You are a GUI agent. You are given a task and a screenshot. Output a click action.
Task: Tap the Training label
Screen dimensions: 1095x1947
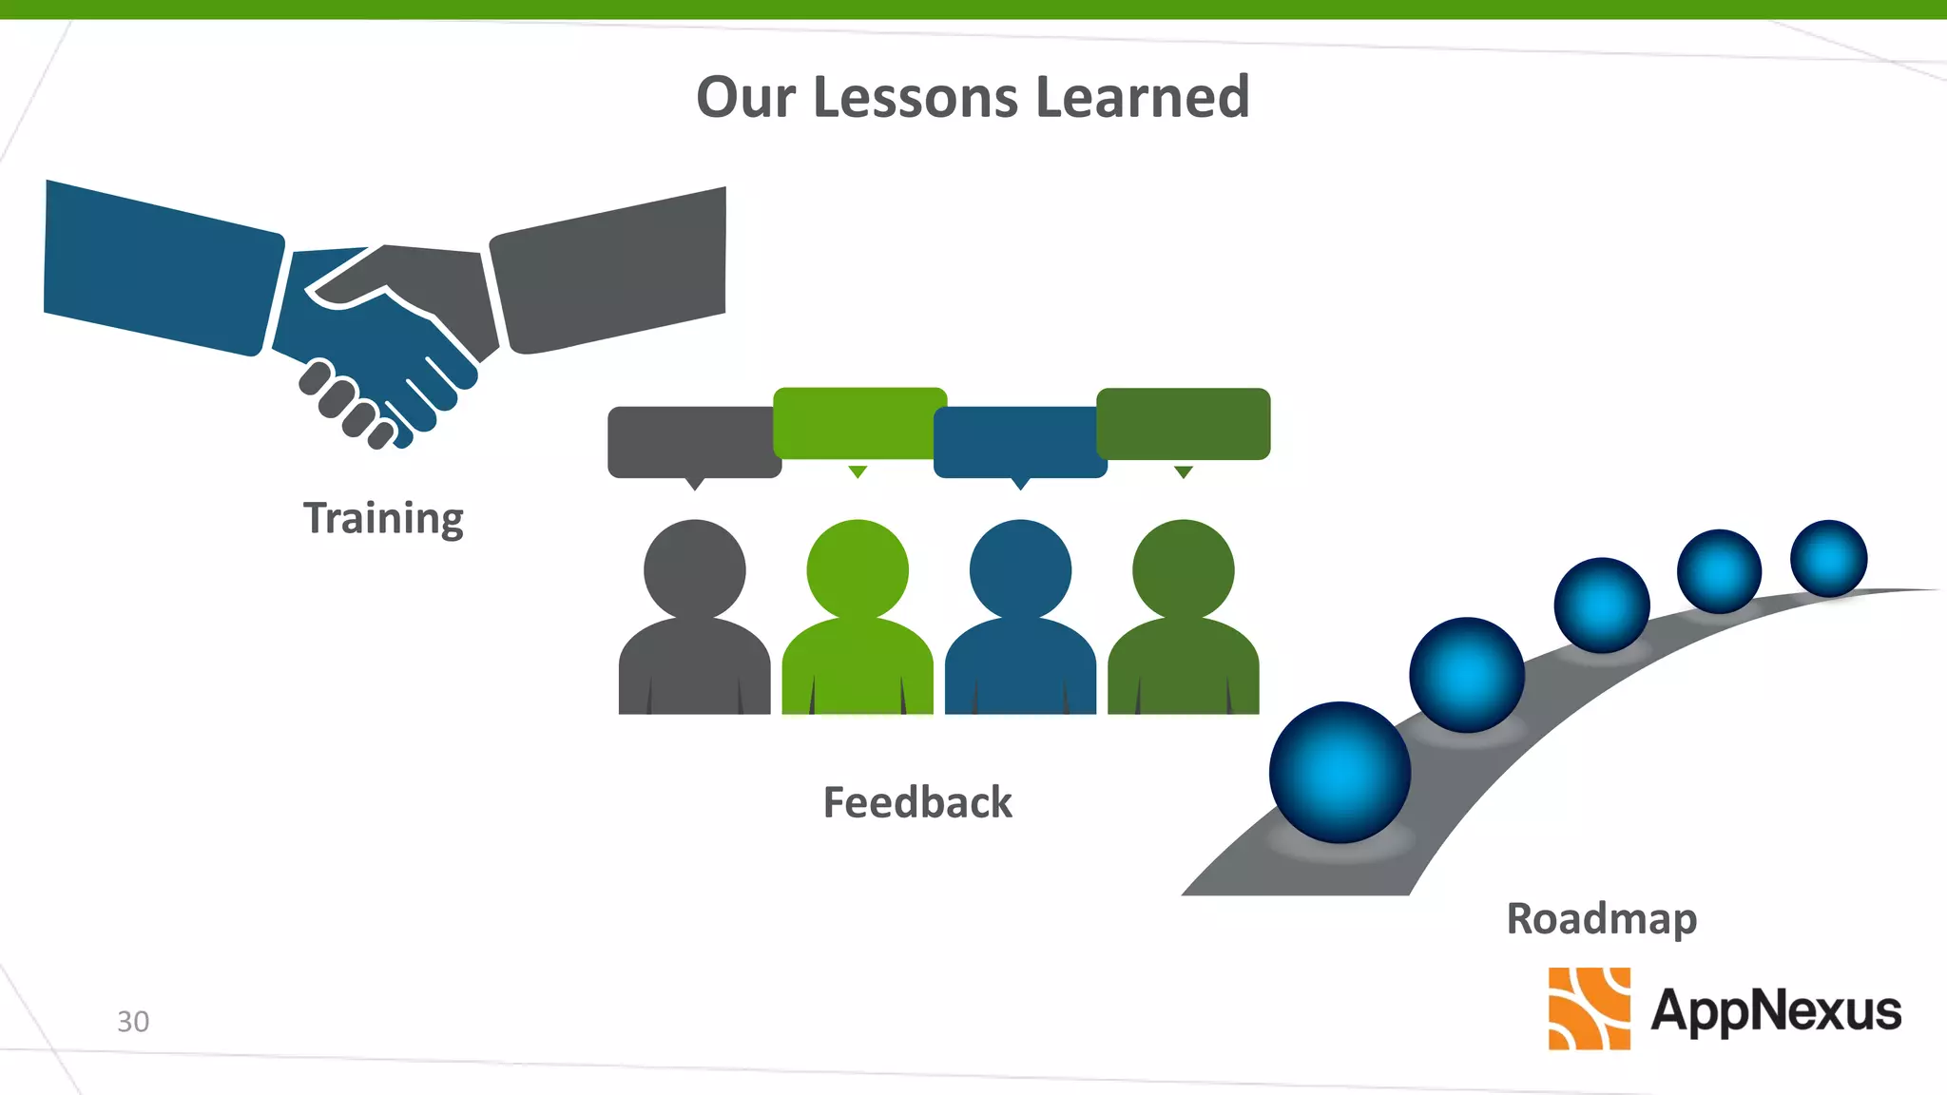(383, 519)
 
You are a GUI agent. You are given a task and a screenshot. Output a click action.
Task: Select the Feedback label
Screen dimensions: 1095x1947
(917, 802)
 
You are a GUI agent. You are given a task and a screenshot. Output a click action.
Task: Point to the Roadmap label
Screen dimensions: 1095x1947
(1602, 919)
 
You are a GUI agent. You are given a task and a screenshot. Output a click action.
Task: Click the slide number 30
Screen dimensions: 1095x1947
(133, 1021)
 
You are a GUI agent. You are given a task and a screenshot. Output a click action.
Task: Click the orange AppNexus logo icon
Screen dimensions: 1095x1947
(1589, 1009)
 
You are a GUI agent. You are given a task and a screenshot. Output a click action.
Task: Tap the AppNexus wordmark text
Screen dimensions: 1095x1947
(1776, 1009)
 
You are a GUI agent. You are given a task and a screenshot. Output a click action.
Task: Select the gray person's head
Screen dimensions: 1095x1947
(695, 569)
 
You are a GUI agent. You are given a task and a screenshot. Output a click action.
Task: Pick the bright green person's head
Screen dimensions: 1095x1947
(858, 569)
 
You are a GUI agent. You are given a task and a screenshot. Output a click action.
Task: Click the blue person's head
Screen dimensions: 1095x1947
(1020, 569)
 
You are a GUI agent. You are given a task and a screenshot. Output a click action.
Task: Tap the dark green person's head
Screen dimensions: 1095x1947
(1184, 569)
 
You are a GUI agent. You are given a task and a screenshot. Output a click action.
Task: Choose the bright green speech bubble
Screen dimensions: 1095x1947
(858, 423)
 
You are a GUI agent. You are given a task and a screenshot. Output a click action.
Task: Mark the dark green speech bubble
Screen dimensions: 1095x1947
(1184, 424)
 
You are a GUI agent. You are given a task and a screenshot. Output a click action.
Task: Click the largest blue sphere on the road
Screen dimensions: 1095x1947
(1340, 772)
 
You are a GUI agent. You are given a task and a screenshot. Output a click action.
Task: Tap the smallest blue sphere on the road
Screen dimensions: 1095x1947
(1828, 558)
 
